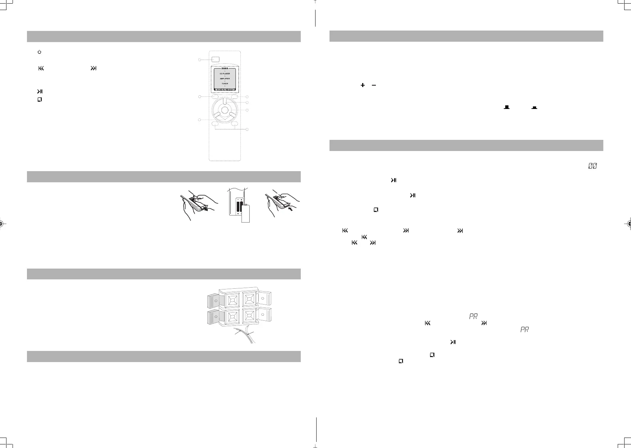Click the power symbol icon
pos(40,52)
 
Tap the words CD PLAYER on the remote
pos(225,74)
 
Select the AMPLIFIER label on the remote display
pos(225,79)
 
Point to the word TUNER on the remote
pos(225,84)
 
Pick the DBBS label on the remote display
pos(225,68)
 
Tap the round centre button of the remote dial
pos(224,110)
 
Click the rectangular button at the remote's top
pos(215,60)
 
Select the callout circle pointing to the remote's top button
pos(200,60)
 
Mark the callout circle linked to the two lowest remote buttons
pos(247,129)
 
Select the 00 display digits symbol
pos(592,166)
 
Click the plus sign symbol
pos(363,85)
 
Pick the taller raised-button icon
pos(507,107)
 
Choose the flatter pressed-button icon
pos(534,108)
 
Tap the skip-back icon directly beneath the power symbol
pos(41,68)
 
